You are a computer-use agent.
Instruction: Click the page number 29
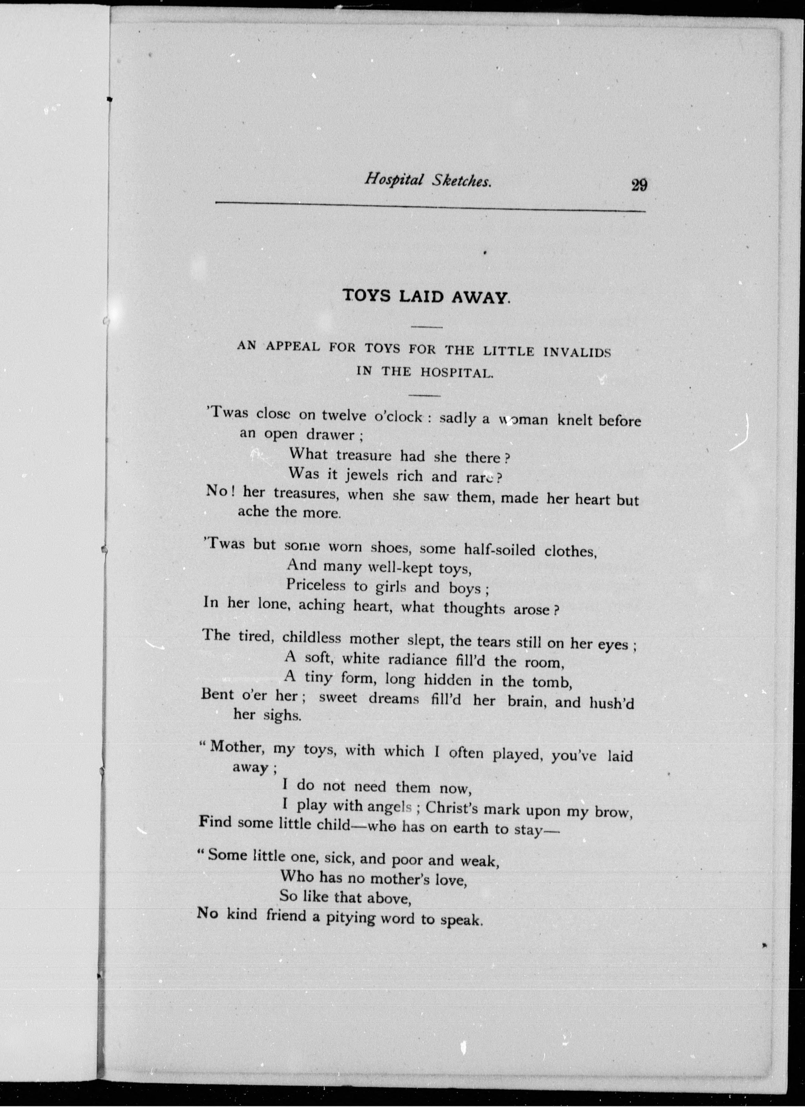point(639,186)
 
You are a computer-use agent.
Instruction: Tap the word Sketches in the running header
point(461,181)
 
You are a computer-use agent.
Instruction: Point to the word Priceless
point(316,585)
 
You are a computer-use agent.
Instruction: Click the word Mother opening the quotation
point(238,747)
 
